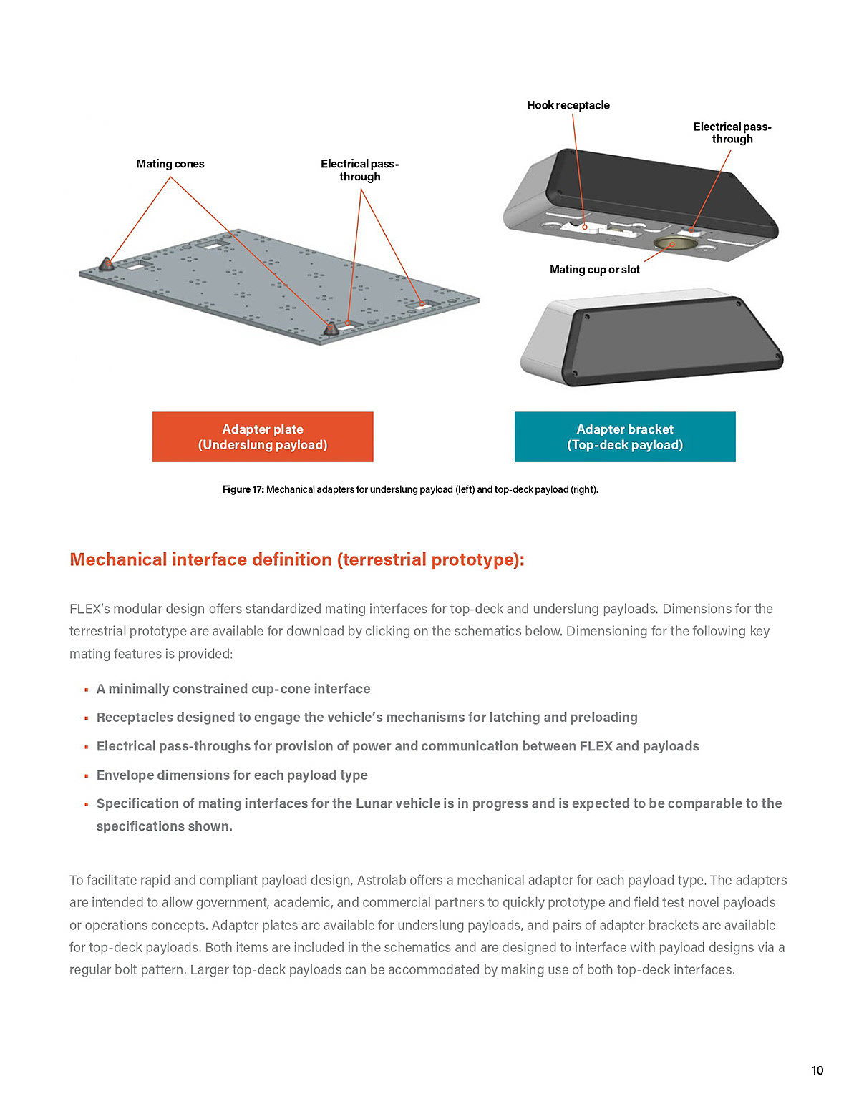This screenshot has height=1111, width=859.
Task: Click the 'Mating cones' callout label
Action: (x=170, y=164)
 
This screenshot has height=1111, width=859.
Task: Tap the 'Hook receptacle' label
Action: (x=568, y=105)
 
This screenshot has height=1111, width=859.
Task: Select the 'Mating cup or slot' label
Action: (x=594, y=270)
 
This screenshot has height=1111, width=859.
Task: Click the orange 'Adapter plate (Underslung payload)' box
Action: (x=263, y=436)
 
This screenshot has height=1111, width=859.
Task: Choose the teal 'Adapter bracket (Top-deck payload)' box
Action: (x=625, y=436)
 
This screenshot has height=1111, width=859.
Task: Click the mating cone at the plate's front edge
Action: (x=331, y=329)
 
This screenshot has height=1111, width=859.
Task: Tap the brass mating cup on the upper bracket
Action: (x=671, y=244)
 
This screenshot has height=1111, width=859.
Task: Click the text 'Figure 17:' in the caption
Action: (x=243, y=489)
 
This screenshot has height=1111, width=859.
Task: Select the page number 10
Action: (x=817, y=1070)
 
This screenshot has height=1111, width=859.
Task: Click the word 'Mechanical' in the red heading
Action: (x=118, y=559)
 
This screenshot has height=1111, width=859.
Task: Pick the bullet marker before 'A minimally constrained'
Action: (x=87, y=690)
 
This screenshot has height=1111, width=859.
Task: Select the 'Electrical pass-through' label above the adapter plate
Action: (x=359, y=170)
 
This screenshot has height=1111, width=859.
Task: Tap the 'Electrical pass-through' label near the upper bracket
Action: (x=732, y=133)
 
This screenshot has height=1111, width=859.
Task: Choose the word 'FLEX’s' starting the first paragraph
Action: (x=89, y=609)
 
